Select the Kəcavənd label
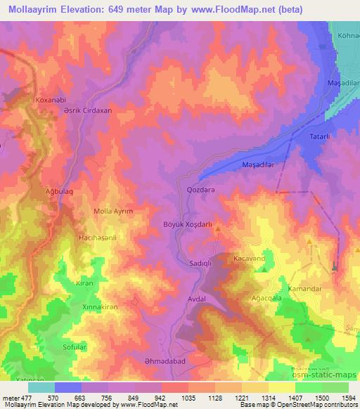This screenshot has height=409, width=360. tap(248, 259)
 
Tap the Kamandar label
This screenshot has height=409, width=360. tap(305, 289)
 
